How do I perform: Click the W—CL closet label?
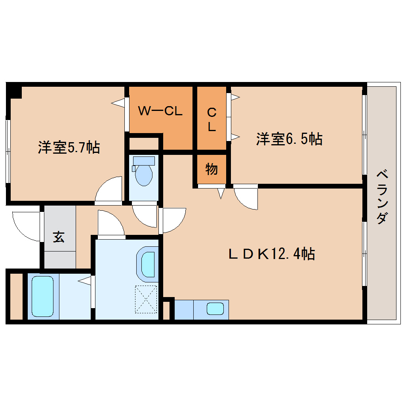[x=160, y=111]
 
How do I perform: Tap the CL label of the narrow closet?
[x=212, y=119]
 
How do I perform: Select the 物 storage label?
[x=212, y=169]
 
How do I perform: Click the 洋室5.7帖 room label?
[x=69, y=147]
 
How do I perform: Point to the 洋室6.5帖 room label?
[x=289, y=139]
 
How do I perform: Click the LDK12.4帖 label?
[x=272, y=254]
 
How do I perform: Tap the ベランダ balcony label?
[x=382, y=196]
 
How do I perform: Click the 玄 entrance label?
[x=59, y=237]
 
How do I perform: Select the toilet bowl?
[x=144, y=175]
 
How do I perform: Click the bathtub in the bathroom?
[x=42, y=296]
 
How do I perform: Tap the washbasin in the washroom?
[x=148, y=264]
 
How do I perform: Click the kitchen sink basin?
[x=215, y=309]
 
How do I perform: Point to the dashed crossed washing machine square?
[x=146, y=299]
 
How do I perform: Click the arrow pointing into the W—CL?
[x=118, y=103]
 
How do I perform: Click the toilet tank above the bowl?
[x=144, y=161]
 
